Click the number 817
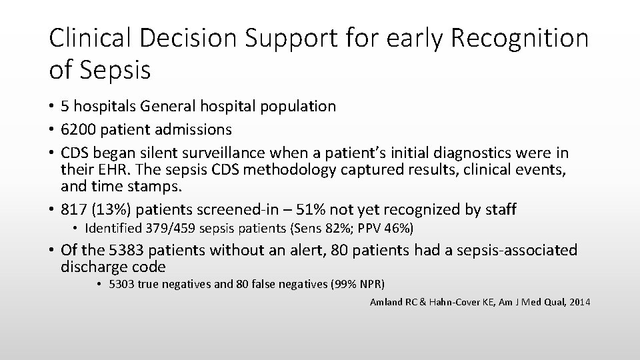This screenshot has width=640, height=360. (73, 210)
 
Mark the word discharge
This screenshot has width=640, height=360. (90, 268)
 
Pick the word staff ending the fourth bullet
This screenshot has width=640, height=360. (500, 210)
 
